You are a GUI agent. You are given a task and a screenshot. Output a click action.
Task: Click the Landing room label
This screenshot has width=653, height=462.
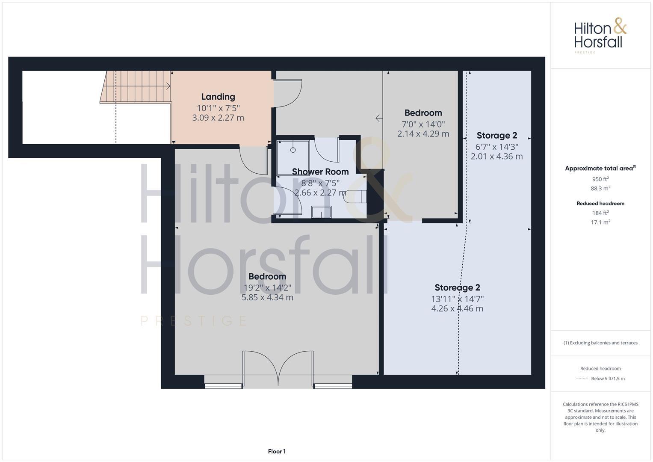[x=218, y=97]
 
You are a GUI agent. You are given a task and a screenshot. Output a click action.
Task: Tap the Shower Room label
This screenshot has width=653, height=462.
[x=320, y=172]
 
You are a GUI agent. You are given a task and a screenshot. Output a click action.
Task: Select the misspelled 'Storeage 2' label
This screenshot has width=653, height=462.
[x=457, y=287]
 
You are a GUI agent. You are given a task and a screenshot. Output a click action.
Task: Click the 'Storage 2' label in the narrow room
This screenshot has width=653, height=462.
[x=496, y=136]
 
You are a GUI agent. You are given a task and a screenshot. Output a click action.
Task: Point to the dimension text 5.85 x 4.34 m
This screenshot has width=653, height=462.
[x=267, y=297]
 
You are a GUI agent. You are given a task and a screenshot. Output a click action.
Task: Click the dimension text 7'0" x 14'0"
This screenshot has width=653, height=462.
[x=423, y=124]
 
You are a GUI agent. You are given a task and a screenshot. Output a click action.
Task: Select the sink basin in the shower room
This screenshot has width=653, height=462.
[x=321, y=212]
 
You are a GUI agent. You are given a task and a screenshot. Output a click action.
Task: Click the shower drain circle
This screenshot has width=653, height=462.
[x=293, y=150]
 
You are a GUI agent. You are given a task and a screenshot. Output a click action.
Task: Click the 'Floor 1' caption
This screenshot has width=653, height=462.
[x=277, y=451]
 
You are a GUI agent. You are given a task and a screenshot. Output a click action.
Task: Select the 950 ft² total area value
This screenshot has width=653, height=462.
[x=600, y=179]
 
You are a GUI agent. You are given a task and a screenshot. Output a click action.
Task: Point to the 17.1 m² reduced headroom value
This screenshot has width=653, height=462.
[x=600, y=222]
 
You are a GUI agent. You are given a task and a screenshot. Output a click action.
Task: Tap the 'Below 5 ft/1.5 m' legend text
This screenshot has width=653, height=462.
[x=608, y=379]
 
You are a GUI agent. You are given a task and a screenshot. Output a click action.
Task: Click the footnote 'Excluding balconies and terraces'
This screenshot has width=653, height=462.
[x=600, y=343]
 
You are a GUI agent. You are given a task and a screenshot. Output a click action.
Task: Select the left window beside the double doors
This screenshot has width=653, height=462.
[x=224, y=386]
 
